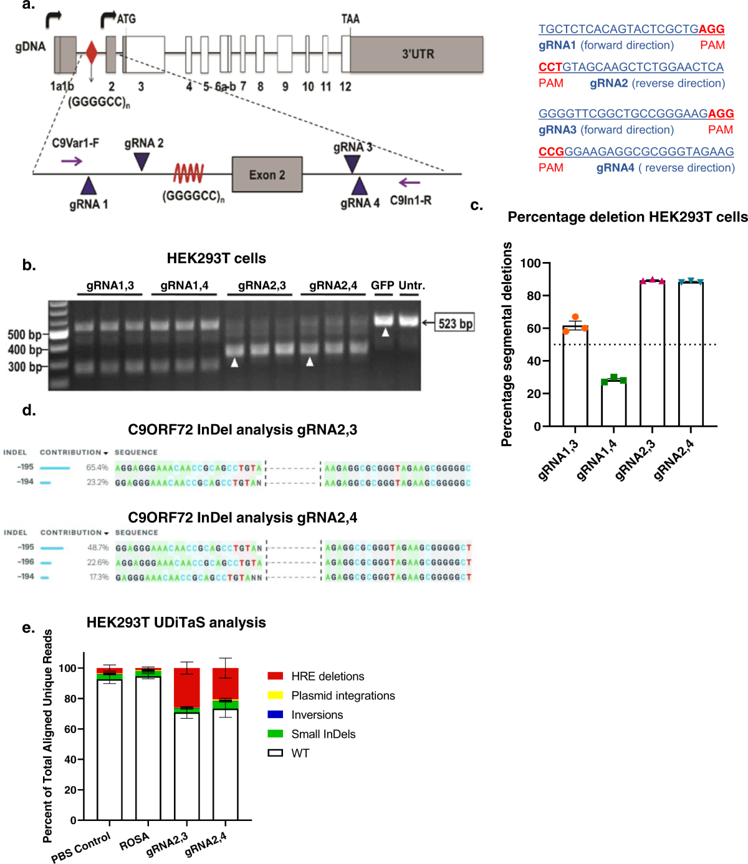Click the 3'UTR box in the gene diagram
pos(416,54)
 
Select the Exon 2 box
pos(267,175)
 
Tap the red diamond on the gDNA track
pos(91,53)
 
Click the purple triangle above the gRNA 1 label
pos(89,186)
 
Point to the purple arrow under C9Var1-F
pos(72,162)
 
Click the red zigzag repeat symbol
pos(189,173)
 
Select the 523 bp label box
pos(454,323)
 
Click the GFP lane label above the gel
pos(382,286)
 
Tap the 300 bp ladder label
pos(24,367)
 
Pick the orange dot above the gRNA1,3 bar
pos(575,317)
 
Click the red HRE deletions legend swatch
pos(275,676)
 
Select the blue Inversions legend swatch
pos(275,715)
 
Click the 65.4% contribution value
pos(97,467)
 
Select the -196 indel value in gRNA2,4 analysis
pos(26,562)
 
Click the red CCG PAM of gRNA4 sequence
pos(551,152)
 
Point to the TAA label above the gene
pos(350,19)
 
